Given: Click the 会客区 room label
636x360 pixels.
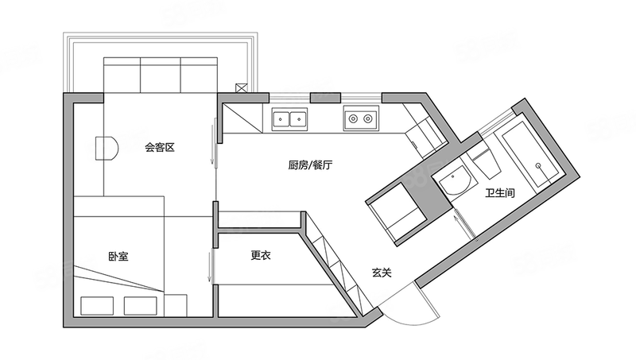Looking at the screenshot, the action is [x=160, y=148].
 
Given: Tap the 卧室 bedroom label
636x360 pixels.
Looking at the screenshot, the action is [x=118, y=257].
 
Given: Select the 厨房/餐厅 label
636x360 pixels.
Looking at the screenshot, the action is [x=310, y=165].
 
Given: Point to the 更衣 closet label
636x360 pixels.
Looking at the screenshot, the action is [x=261, y=255].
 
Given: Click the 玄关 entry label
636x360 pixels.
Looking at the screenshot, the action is [x=382, y=273].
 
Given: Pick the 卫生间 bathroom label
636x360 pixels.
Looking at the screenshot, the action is [x=500, y=193].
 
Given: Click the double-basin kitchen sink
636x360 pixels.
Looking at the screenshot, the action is [x=289, y=119].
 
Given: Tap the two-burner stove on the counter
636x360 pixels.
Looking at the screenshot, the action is [x=361, y=118].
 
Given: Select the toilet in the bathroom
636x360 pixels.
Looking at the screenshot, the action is [x=485, y=163].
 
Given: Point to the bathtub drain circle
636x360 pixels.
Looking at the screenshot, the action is [x=538, y=165].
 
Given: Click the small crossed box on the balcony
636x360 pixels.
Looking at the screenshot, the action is [x=242, y=88].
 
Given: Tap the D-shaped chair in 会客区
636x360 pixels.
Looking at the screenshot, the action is [x=107, y=149].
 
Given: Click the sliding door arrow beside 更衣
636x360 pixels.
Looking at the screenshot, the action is [x=210, y=266].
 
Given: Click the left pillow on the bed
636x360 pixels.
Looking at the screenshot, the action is [x=97, y=306].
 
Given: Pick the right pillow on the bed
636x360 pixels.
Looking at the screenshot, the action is [x=141, y=306].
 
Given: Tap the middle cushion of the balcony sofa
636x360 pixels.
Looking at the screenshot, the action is [x=161, y=75].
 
